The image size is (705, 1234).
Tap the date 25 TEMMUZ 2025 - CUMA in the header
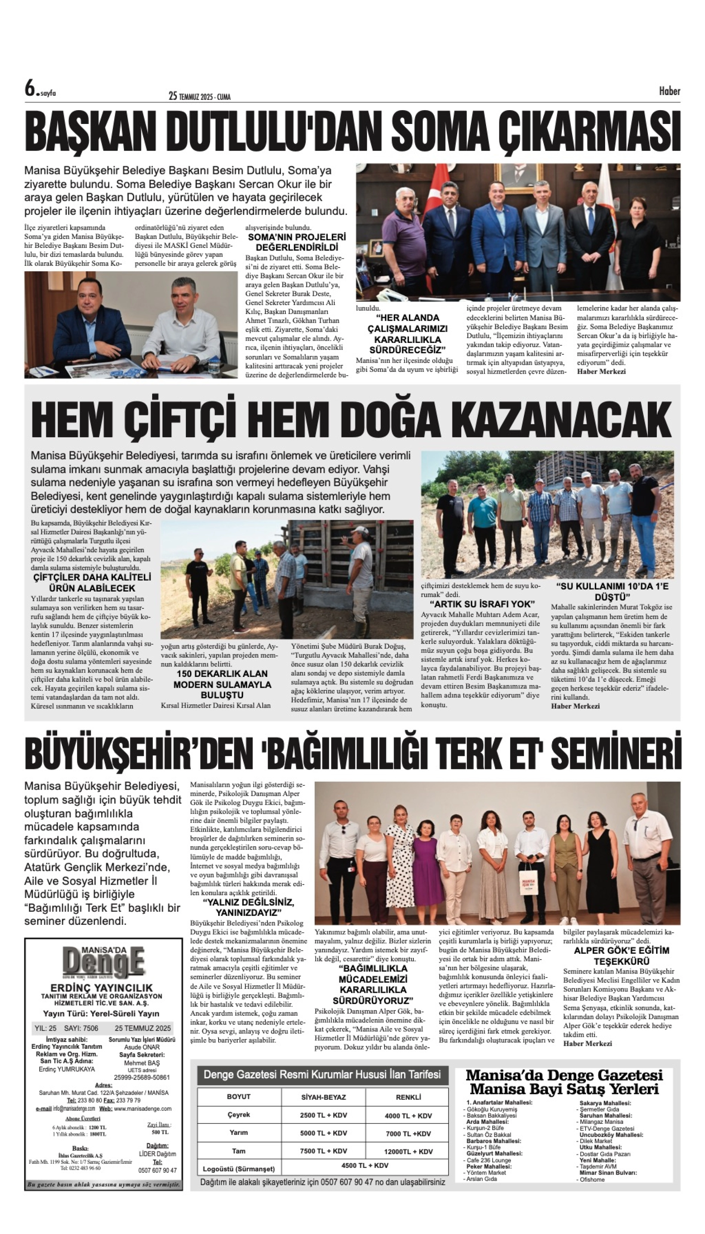coord(200,96)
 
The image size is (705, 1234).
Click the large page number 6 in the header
coord(31,89)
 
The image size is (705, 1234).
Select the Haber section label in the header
coord(669,91)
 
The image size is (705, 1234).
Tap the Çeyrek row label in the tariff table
coord(239,1115)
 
